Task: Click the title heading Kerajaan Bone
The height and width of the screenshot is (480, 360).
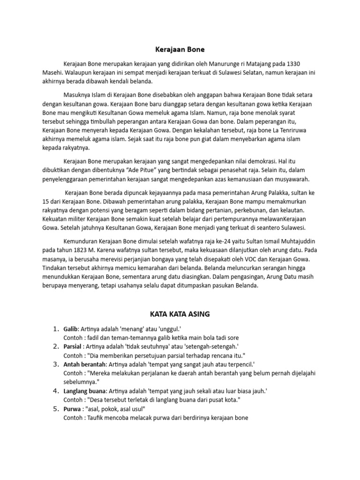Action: click(180, 49)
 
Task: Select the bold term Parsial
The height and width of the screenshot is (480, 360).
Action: click(73, 346)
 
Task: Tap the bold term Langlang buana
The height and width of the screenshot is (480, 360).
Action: click(85, 390)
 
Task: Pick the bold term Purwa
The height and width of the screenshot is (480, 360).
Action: click(72, 408)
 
